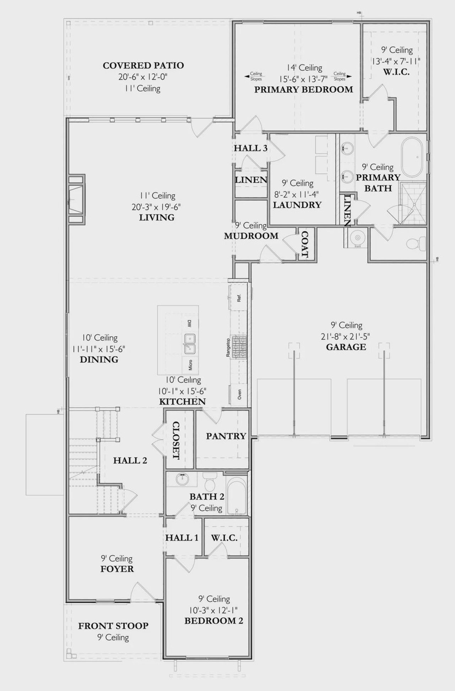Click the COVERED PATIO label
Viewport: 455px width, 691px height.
point(143,65)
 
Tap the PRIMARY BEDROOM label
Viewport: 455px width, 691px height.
point(304,90)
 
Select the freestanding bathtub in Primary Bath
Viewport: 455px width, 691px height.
point(412,157)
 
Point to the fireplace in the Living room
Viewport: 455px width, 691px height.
point(76,199)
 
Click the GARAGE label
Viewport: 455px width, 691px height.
point(346,347)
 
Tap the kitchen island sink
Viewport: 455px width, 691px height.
point(189,344)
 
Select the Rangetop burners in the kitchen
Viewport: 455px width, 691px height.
point(239,345)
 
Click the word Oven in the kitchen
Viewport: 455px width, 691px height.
point(239,394)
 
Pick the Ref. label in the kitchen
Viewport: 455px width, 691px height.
point(239,298)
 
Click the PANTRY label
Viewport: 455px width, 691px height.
point(226,436)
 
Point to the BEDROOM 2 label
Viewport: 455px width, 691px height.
point(214,621)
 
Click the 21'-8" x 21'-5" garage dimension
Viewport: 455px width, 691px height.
point(346,336)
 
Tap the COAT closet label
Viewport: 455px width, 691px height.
point(305,244)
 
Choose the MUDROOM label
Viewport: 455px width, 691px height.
point(251,236)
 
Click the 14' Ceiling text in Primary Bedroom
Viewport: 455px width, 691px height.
point(305,68)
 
